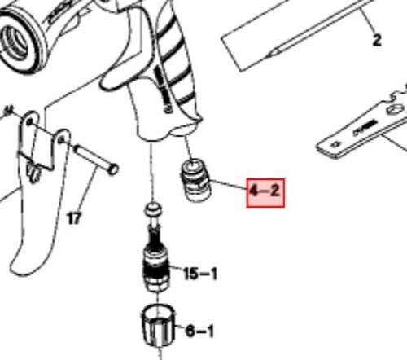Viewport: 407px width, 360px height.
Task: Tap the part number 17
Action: point(74,218)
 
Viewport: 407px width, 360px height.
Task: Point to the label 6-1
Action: point(199,331)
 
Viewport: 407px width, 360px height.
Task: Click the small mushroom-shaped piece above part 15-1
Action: point(151,210)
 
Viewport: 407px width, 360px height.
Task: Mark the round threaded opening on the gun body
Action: point(18,37)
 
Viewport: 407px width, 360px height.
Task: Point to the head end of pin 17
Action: point(112,169)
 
